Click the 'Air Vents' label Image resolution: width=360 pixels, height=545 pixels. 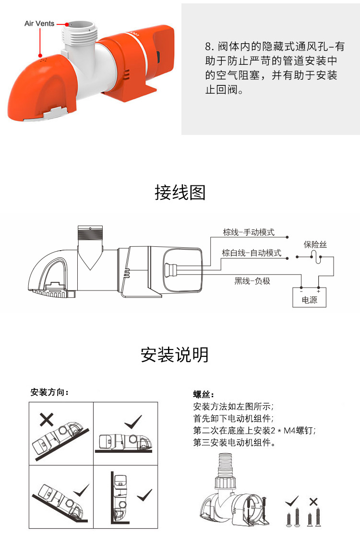click(39, 24)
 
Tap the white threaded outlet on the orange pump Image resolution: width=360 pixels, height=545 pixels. click(80, 33)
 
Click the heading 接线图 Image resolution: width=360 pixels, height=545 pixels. click(180, 193)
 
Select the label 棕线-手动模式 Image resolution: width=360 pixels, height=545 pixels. click(249, 232)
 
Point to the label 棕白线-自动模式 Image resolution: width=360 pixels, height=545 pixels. click(252, 253)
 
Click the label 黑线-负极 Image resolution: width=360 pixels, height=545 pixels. click(252, 281)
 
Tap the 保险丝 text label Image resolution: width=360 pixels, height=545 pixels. click(315, 244)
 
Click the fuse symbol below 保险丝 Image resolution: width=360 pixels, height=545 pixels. click(314, 256)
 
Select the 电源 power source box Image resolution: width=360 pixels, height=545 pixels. click(310, 297)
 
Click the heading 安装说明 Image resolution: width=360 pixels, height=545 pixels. click(175, 355)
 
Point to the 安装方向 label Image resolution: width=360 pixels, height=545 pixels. click(49, 392)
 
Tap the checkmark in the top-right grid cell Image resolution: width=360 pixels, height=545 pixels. click(133, 423)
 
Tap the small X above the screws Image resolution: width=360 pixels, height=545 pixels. click(313, 502)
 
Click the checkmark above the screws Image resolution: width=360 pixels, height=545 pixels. click(291, 502)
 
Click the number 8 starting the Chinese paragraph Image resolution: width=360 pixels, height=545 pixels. click(208, 47)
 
